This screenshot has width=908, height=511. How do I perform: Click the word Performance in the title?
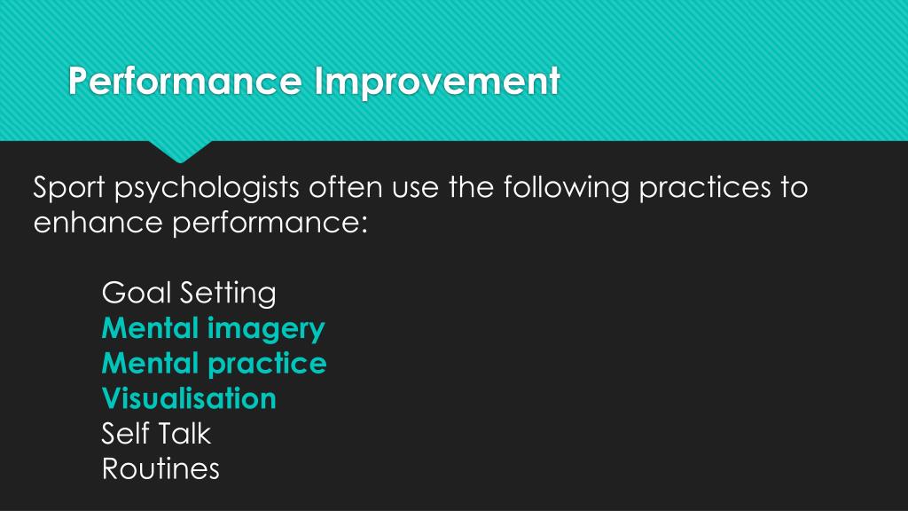tap(186, 83)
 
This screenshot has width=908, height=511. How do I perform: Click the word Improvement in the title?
tap(436, 83)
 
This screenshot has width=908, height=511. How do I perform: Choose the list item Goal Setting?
tap(189, 293)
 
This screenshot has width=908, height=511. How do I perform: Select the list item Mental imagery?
tap(213, 328)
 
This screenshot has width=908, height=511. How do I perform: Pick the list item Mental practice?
tap(214, 364)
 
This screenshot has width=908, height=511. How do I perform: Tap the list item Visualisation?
tap(189, 398)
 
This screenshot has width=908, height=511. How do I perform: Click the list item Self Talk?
tap(156, 434)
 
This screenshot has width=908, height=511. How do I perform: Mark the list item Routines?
tap(160, 468)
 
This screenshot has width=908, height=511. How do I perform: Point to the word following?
tap(564, 189)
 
